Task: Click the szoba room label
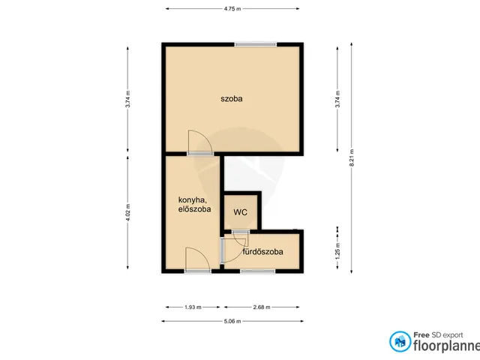(232, 98)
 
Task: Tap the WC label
(240, 212)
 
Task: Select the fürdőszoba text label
(262, 252)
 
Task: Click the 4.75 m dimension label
(232, 8)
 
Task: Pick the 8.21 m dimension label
(352, 157)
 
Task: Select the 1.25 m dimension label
(337, 251)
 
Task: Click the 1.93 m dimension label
(193, 307)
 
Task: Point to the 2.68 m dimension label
(262, 307)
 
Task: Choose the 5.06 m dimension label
(232, 321)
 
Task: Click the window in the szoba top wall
(256, 44)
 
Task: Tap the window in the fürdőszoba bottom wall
(258, 271)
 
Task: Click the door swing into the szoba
(200, 142)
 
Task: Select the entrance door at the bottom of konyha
(197, 259)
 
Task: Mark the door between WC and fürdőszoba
(240, 237)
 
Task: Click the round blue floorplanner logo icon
(400, 341)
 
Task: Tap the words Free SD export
(438, 335)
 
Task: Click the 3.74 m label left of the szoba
(127, 99)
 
